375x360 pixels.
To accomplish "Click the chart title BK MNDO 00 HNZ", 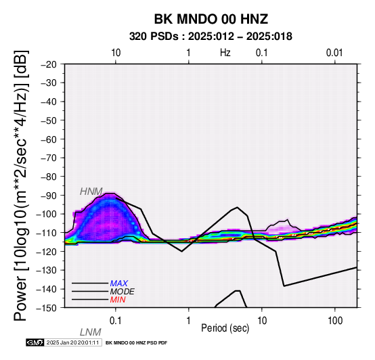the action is (211, 19).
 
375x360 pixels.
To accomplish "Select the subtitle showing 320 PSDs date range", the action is (211, 37).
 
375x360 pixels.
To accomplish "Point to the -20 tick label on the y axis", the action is (49, 64).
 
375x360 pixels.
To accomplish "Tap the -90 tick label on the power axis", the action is (49, 196).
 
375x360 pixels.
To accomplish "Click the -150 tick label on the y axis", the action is (47, 308).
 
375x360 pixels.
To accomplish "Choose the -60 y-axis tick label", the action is (49, 139).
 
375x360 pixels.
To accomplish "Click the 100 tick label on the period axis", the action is (335, 321).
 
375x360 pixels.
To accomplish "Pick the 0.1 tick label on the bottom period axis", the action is (115, 321).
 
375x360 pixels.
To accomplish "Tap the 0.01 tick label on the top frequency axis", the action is (334, 53).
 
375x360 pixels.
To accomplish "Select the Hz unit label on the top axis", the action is (225, 53).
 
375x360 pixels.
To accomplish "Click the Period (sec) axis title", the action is (225, 328).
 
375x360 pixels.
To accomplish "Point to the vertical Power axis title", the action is (21, 185).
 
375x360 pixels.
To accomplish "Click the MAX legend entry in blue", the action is (118, 284).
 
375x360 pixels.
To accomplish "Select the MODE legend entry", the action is (122, 292).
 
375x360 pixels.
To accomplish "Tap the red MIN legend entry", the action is (118, 300).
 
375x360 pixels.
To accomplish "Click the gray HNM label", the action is (91, 192).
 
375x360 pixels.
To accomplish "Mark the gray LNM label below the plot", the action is (91, 332).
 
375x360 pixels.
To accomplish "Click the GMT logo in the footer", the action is (35, 342).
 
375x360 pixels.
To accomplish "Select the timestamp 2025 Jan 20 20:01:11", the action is (72, 342).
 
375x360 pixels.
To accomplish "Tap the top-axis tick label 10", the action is (116, 53).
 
